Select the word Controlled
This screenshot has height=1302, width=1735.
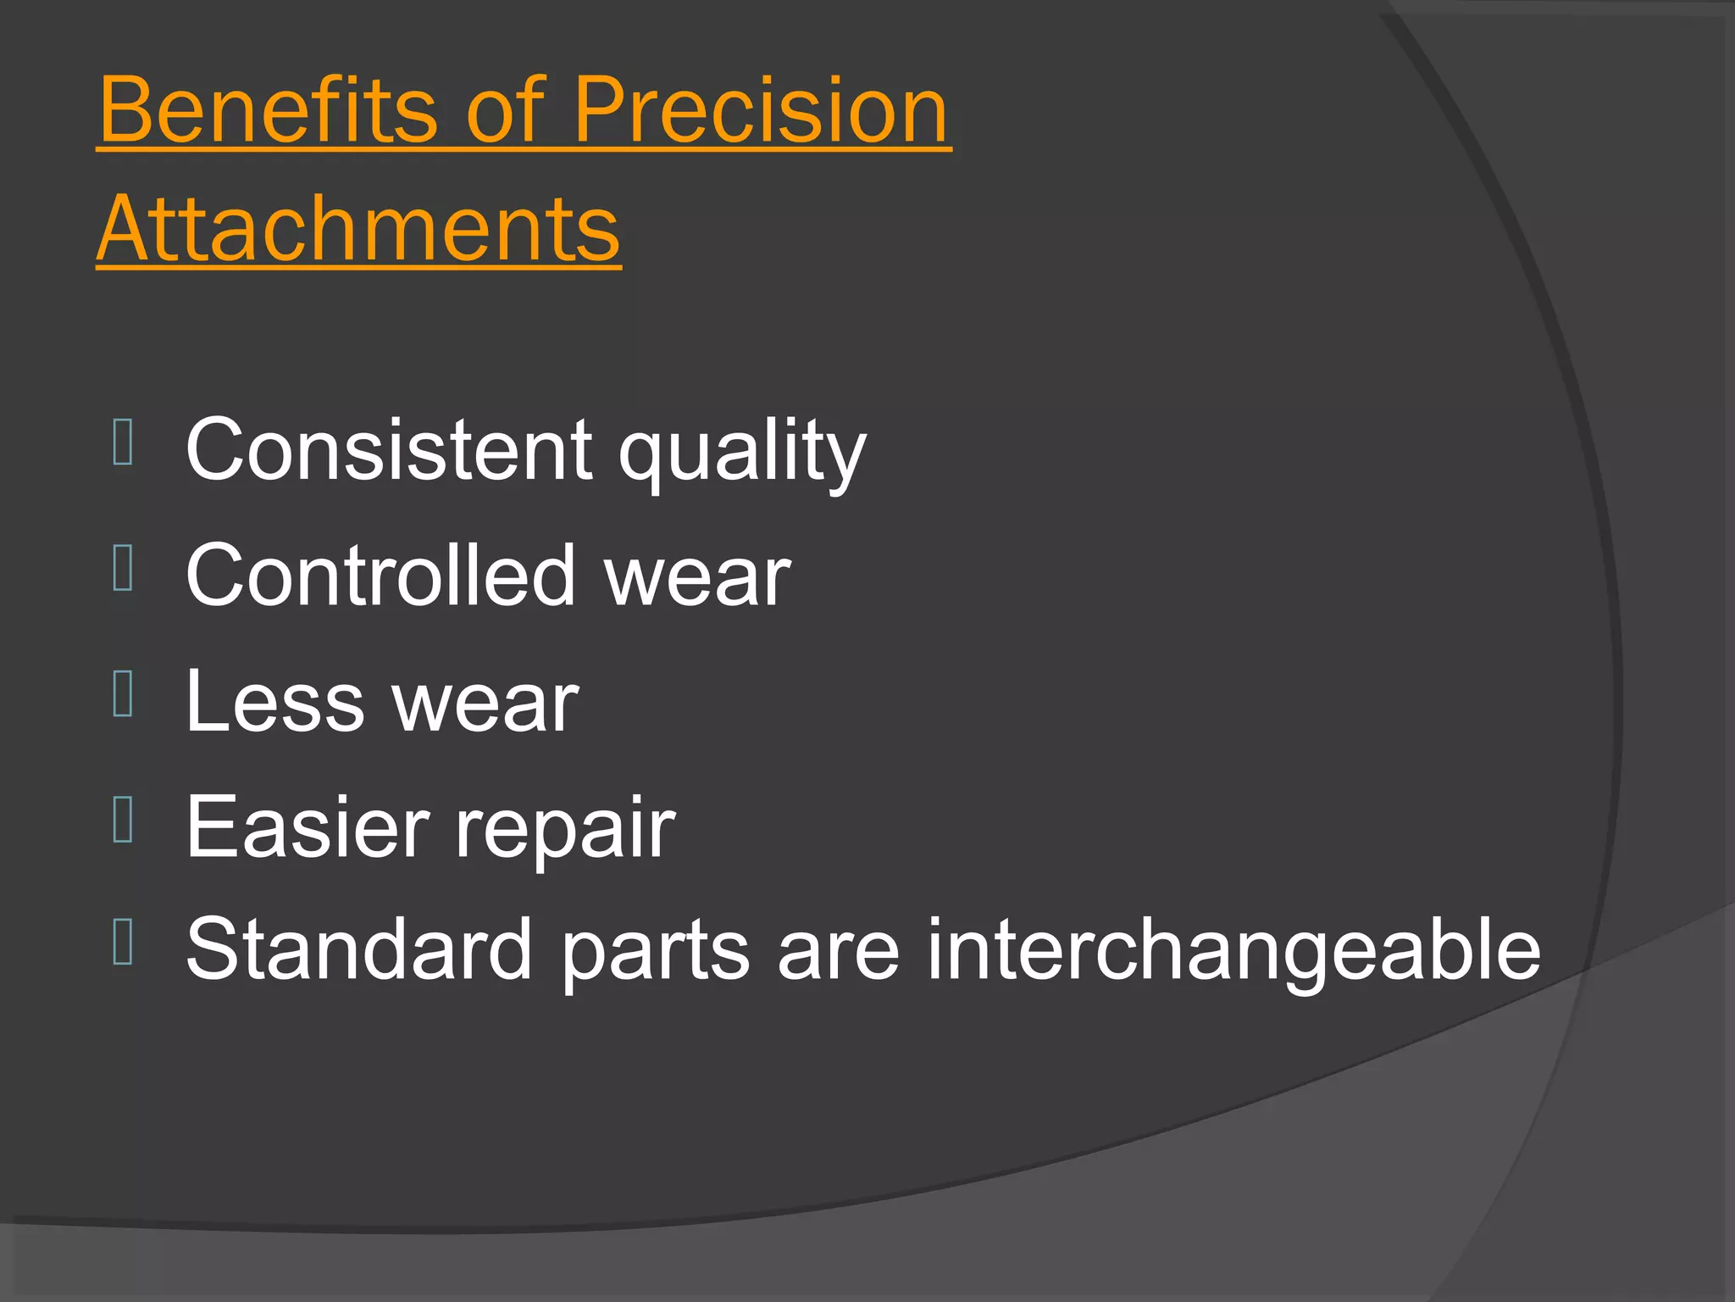380,576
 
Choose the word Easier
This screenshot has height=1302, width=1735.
308,827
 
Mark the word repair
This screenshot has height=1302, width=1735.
565,832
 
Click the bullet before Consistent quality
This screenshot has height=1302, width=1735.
123,442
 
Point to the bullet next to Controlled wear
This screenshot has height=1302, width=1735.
123,568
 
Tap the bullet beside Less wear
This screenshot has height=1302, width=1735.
123,693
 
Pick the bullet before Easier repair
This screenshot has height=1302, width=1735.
123,819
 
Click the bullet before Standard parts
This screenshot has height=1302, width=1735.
123,942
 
